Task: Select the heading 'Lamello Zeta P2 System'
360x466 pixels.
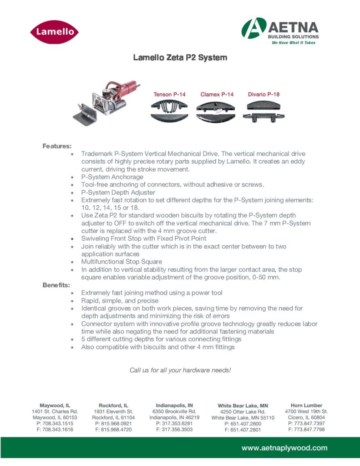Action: (180, 58)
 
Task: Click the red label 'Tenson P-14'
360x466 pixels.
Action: (169, 95)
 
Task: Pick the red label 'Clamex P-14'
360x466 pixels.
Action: (217, 95)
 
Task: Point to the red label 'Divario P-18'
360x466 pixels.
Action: (264, 95)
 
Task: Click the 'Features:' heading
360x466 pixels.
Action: (57, 146)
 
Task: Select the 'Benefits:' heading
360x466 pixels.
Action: (57, 285)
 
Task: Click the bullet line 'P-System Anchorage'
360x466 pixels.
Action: (112, 177)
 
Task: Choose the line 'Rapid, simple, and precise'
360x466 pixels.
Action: (120, 300)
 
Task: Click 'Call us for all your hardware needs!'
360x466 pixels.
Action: (180, 370)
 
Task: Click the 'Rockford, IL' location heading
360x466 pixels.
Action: (113, 405)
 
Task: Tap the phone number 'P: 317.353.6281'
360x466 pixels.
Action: (174, 423)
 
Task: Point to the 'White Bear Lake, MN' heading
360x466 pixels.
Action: (243, 405)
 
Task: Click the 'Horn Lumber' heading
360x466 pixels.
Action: (306, 405)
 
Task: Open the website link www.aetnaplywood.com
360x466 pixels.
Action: (284, 448)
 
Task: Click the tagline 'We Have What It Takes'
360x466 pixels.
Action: (294, 42)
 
